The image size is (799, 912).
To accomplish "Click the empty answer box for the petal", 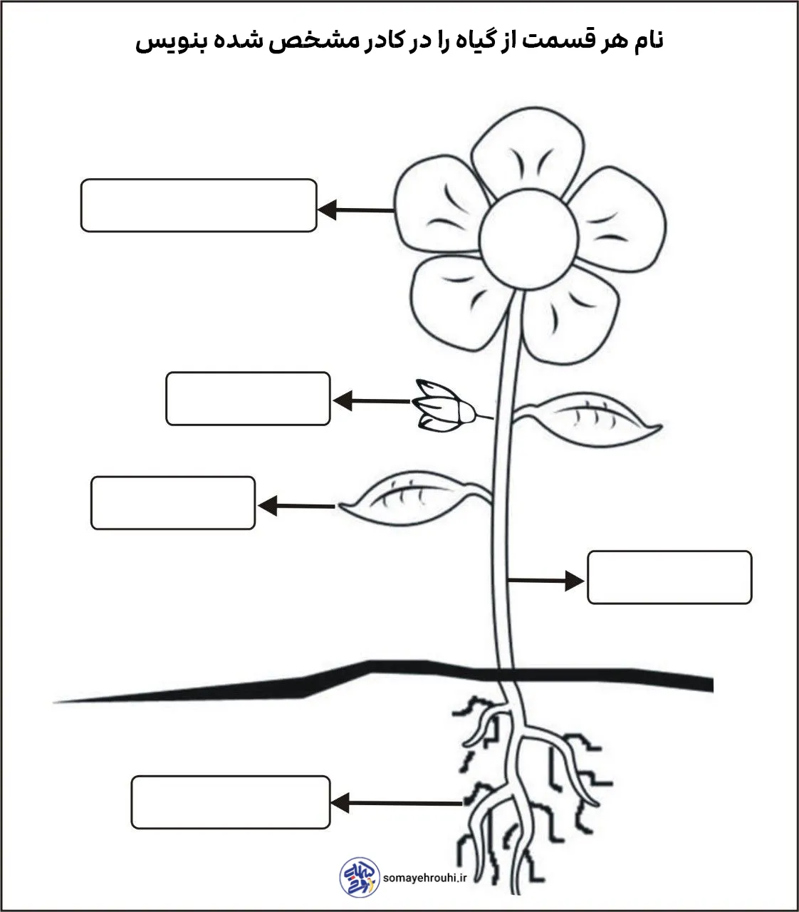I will [x=199, y=206].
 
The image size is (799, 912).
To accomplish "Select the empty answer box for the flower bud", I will [x=248, y=399].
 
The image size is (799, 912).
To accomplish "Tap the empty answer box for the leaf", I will [x=173, y=503].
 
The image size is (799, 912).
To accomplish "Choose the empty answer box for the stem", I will [x=669, y=577].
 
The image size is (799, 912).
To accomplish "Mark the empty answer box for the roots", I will [x=231, y=802].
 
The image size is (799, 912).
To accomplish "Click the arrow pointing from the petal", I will [x=356, y=210].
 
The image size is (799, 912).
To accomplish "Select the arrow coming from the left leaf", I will [x=296, y=506].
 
